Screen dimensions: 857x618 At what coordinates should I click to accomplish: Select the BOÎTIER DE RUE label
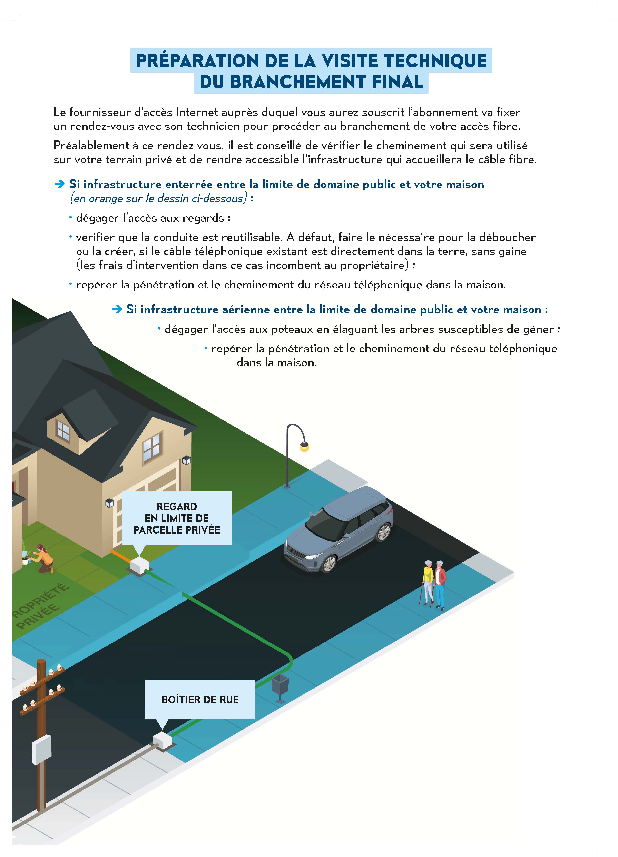pos(200,699)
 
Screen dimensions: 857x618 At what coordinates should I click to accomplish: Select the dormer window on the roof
pos(63,430)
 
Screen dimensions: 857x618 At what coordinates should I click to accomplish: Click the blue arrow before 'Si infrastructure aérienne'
pos(117,310)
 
